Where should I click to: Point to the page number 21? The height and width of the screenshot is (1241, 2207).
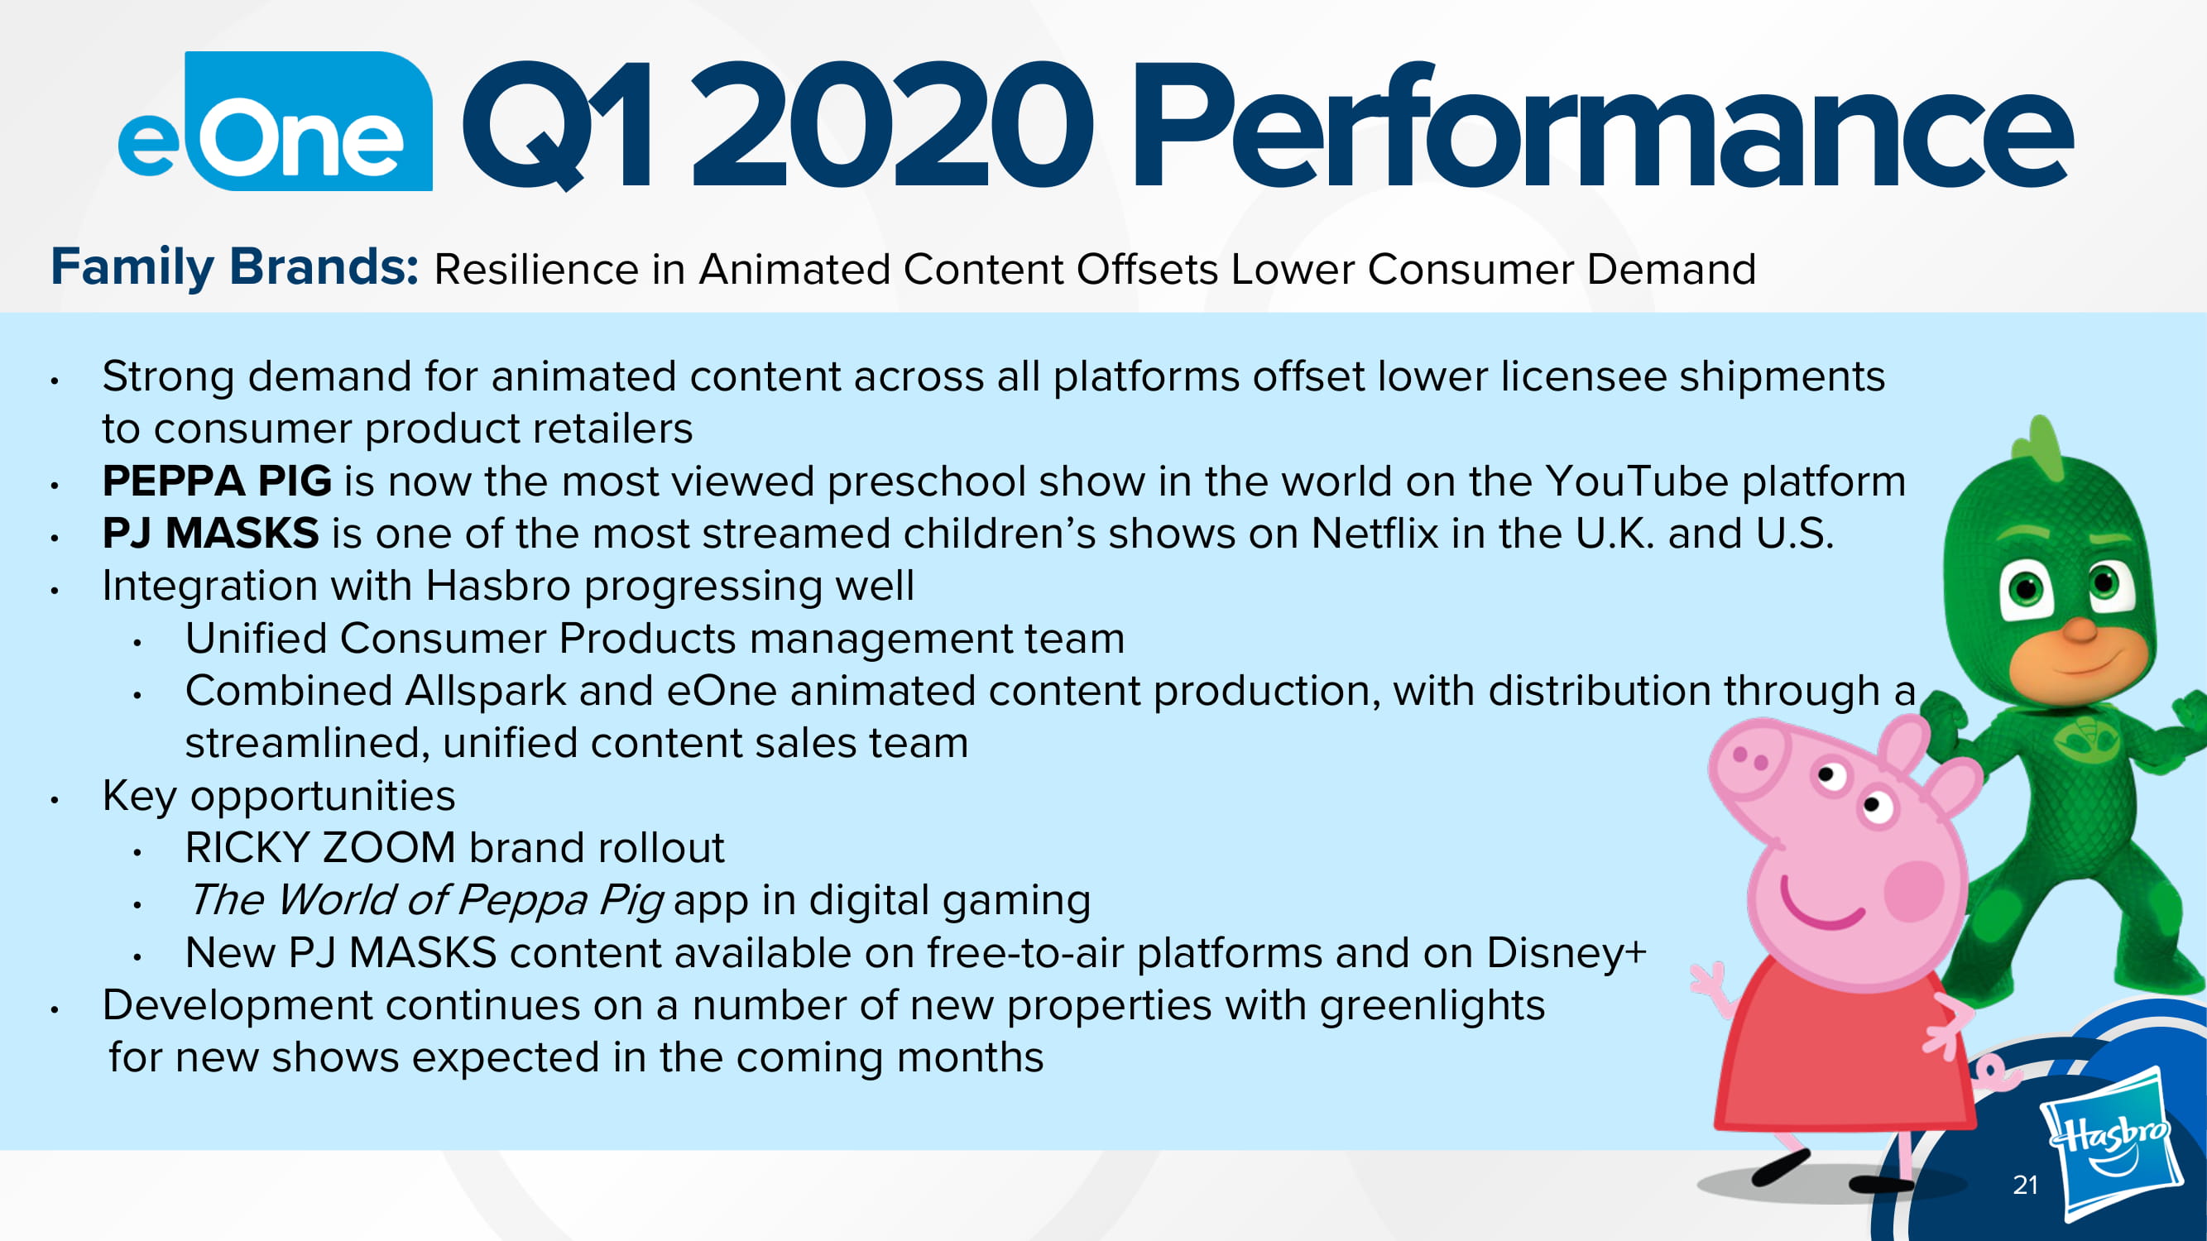pyautogui.click(x=2026, y=1185)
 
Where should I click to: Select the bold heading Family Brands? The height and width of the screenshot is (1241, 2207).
pyautogui.click(x=235, y=267)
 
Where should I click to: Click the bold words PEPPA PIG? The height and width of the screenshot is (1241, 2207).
pyautogui.click(x=217, y=481)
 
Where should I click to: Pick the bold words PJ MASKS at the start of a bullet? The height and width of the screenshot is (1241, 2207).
pyautogui.click(x=211, y=533)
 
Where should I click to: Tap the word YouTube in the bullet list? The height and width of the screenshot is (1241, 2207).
pyautogui.click(x=1636, y=481)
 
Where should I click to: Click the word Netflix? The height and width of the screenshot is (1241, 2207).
pyautogui.click(x=1375, y=533)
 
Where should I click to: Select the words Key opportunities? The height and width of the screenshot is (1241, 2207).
pyautogui.click(x=278, y=797)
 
